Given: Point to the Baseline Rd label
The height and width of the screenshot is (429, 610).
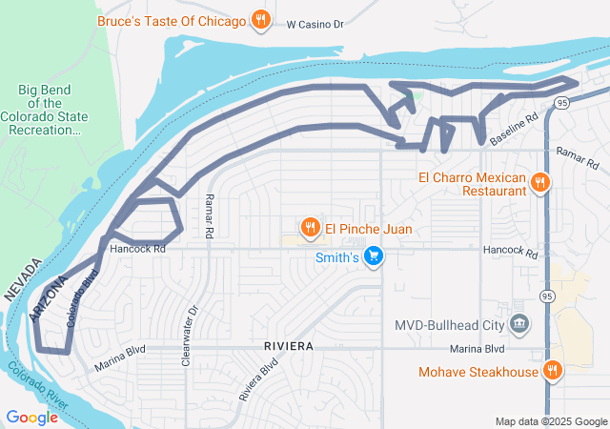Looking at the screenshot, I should pyautogui.click(x=515, y=129).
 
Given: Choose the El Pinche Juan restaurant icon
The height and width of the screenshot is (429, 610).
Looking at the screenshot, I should pyautogui.click(x=310, y=228).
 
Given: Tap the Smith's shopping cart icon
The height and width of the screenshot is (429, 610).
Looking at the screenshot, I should pyautogui.click(x=374, y=256).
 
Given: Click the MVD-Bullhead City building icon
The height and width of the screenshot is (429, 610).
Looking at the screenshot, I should pyautogui.click(x=519, y=325).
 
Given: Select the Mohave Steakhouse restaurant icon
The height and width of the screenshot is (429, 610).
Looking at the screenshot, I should pyautogui.click(x=552, y=371).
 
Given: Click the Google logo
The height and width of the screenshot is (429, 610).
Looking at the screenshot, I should pyautogui.click(x=31, y=417).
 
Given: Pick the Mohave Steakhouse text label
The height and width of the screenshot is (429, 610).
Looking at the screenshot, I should pyautogui.click(x=478, y=372).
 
